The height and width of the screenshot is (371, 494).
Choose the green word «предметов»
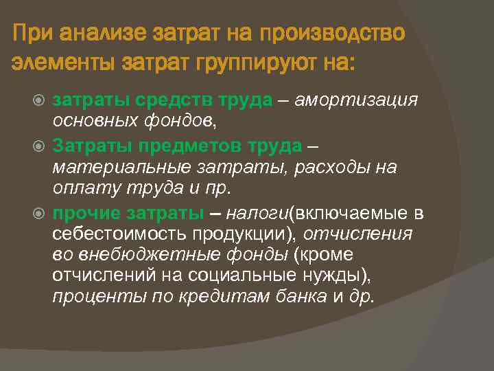[201, 146]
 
